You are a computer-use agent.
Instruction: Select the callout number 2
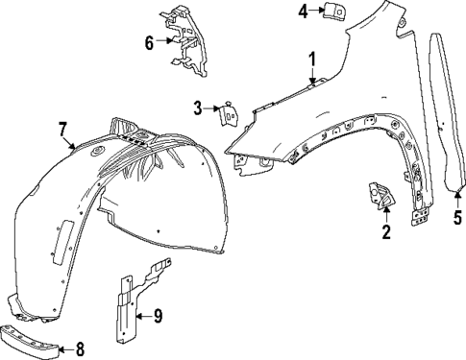[385, 231]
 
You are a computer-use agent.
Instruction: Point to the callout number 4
[303, 12]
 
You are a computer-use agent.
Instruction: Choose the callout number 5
[456, 217]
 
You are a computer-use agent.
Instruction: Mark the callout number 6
[149, 41]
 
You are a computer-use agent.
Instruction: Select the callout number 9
[159, 313]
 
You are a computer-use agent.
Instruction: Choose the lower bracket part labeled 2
[379, 197]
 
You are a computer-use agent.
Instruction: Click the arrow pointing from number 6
[165, 41]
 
